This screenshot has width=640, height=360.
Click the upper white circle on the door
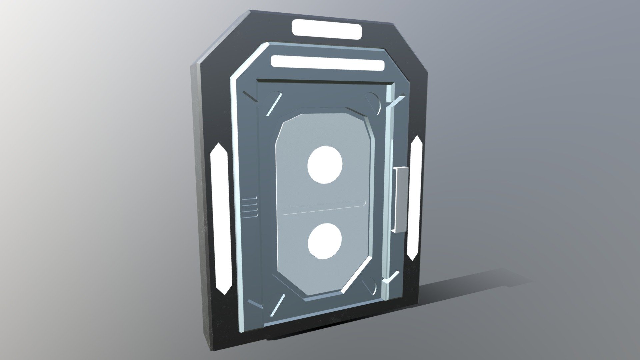coord(325,165)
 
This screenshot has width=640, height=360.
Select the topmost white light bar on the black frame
coord(327,28)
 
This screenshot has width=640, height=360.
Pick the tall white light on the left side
coord(219,218)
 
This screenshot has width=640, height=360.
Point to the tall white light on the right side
coord(415,198)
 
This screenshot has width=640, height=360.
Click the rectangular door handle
coord(400,200)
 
